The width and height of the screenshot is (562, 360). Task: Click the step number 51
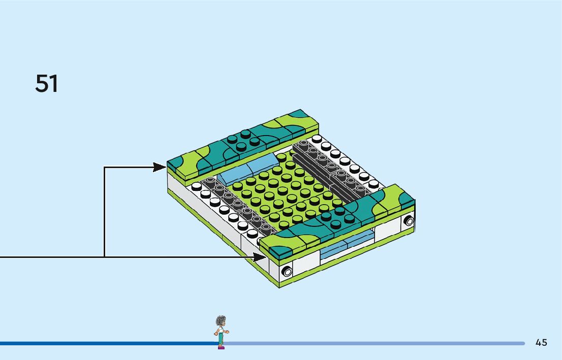click(47, 83)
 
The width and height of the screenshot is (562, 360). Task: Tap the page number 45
click(541, 342)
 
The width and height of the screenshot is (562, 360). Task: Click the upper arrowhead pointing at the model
click(161, 167)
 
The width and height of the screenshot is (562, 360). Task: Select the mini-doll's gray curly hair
click(221, 320)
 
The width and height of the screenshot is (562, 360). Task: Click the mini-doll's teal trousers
click(221, 339)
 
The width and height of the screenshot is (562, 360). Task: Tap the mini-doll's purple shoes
click(221, 347)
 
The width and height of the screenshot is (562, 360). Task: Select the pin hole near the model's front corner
click(288, 271)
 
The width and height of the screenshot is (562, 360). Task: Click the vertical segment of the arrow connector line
click(104, 211)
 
